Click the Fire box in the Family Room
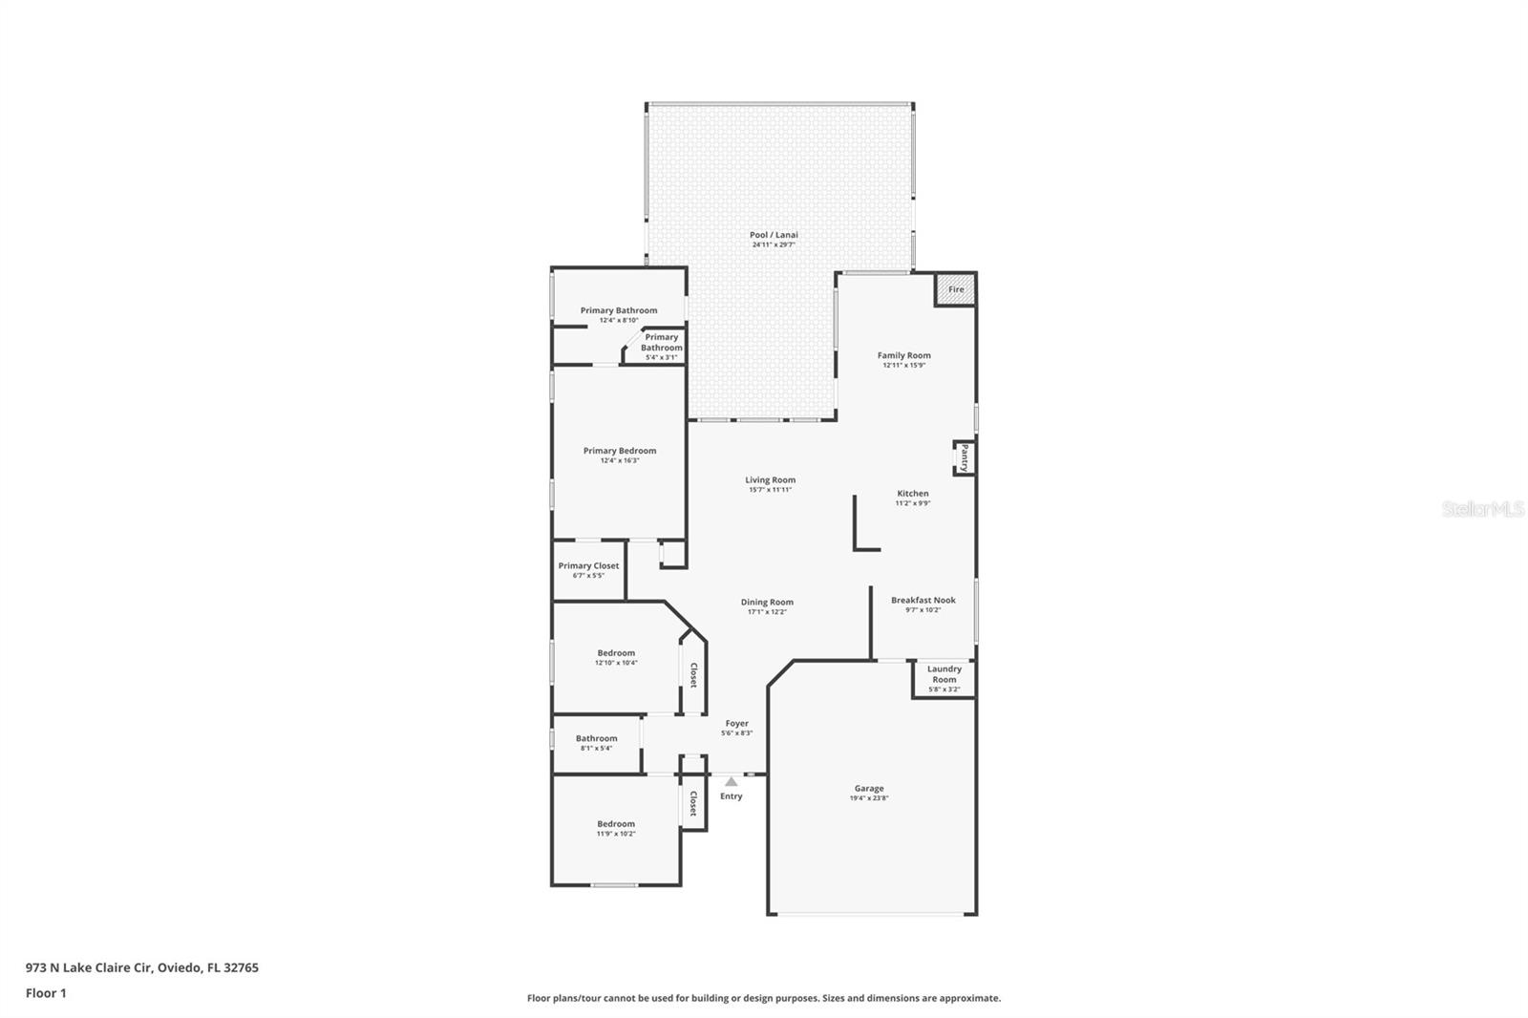[955, 289]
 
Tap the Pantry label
[965, 457]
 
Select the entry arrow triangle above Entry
[731, 781]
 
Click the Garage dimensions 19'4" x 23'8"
[869, 798]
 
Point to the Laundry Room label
[944, 674]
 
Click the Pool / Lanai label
[774, 235]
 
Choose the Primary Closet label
[588, 565]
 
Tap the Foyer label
[736, 723]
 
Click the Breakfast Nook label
[923, 600]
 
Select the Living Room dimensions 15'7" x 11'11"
[770, 490]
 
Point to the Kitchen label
[912, 493]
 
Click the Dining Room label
[767, 602]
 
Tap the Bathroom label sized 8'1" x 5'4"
[596, 738]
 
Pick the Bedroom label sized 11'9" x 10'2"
[616, 823]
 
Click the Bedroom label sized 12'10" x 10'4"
[616, 652]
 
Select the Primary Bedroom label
[620, 450]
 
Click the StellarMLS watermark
[1483, 509]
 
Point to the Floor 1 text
[46, 993]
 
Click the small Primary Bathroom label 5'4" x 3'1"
[662, 343]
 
